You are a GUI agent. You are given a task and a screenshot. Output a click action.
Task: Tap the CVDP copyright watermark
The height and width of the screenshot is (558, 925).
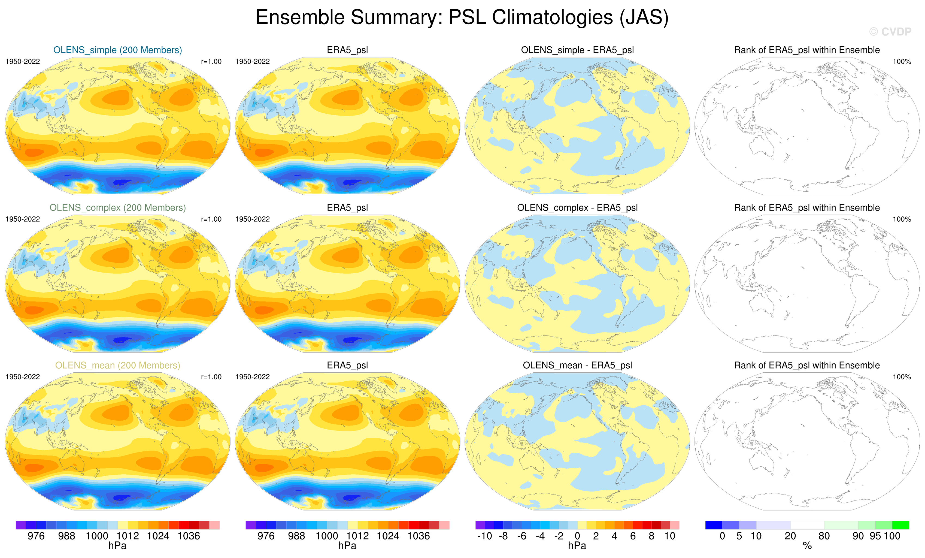[890, 32]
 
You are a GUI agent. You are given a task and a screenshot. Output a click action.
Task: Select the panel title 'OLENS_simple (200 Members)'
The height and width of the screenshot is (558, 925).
[117, 50]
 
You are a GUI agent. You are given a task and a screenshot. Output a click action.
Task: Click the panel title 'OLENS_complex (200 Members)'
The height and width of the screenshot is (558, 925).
[117, 208]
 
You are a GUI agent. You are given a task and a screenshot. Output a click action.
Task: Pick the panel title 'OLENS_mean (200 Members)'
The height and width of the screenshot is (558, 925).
[117, 365]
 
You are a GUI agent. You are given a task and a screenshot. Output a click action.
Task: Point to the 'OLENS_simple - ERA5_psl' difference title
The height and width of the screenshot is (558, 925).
[577, 50]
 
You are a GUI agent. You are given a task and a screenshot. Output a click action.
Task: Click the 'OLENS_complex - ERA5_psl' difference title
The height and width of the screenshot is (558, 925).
[577, 208]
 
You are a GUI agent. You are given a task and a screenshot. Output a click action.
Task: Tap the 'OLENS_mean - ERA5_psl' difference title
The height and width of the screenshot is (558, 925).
[577, 365]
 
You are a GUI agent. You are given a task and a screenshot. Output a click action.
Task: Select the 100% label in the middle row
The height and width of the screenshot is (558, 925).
[902, 219]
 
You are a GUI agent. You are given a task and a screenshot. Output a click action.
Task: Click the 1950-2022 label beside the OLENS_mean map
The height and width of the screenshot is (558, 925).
[23, 377]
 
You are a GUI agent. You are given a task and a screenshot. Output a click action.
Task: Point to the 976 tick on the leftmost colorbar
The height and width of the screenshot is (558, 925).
[36, 536]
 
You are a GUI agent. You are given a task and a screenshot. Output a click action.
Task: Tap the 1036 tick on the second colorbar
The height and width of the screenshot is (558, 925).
[418, 536]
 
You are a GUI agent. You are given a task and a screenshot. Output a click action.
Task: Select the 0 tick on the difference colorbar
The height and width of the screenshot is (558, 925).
[577, 536]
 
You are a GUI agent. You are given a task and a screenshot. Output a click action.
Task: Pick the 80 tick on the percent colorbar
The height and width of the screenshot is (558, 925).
[824, 536]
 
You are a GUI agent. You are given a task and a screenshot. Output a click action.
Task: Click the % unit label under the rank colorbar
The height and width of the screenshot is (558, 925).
[807, 546]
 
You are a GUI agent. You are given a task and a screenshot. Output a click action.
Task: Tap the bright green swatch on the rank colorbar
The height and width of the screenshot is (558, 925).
[900, 525]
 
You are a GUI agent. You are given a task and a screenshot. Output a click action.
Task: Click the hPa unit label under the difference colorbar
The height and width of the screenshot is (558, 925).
[577, 546]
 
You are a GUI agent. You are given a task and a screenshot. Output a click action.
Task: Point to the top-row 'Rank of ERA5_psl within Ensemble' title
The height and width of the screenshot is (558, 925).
[807, 50]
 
